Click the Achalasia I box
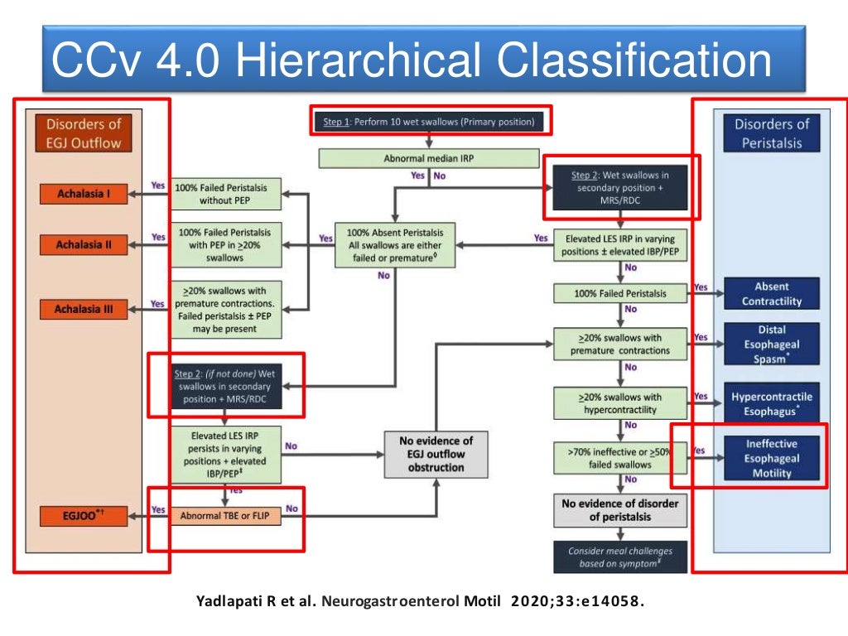pyautogui.click(x=84, y=195)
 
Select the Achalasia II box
pyautogui.click(x=84, y=245)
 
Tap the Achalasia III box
pyautogui.click(x=84, y=310)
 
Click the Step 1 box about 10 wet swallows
pyautogui.click(x=428, y=123)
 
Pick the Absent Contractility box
pyautogui.click(x=771, y=294)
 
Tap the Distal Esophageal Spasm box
pyautogui.click(x=771, y=344)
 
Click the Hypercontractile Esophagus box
pyautogui.click(x=771, y=403)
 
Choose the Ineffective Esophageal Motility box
pyautogui.click(x=771, y=459)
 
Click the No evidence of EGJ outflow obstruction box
pyautogui.click(x=436, y=454)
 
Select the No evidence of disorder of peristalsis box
pyautogui.click(x=619, y=510)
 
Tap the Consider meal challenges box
pyautogui.click(x=619, y=556)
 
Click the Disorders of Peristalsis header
pyautogui.click(x=771, y=133)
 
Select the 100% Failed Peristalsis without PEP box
pyautogui.click(x=226, y=195)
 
